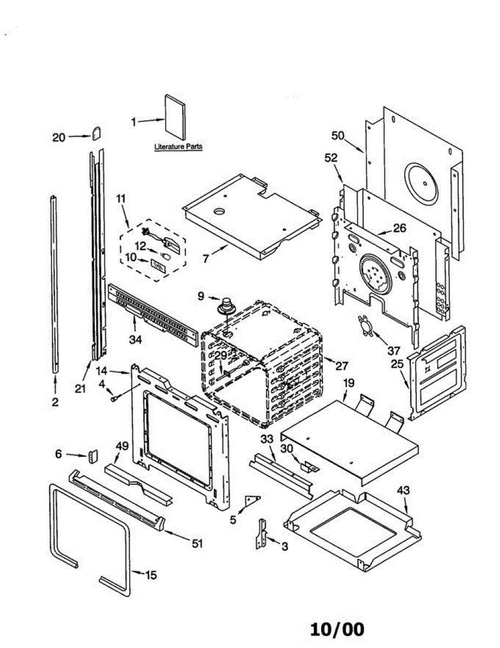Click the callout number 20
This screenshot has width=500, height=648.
[x=58, y=137]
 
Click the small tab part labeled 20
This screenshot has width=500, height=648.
[x=97, y=132]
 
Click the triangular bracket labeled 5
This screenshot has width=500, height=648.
[x=252, y=500]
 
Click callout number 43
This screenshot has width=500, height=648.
[x=403, y=490]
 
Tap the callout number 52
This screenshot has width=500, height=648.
[x=331, y=158]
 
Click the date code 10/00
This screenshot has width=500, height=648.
[x=337, y=629]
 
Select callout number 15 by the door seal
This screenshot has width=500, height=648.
[x=151, y=576]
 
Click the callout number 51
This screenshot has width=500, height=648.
[x=197, y=544]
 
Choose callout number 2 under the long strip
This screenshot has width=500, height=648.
[x=55, y=402]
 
